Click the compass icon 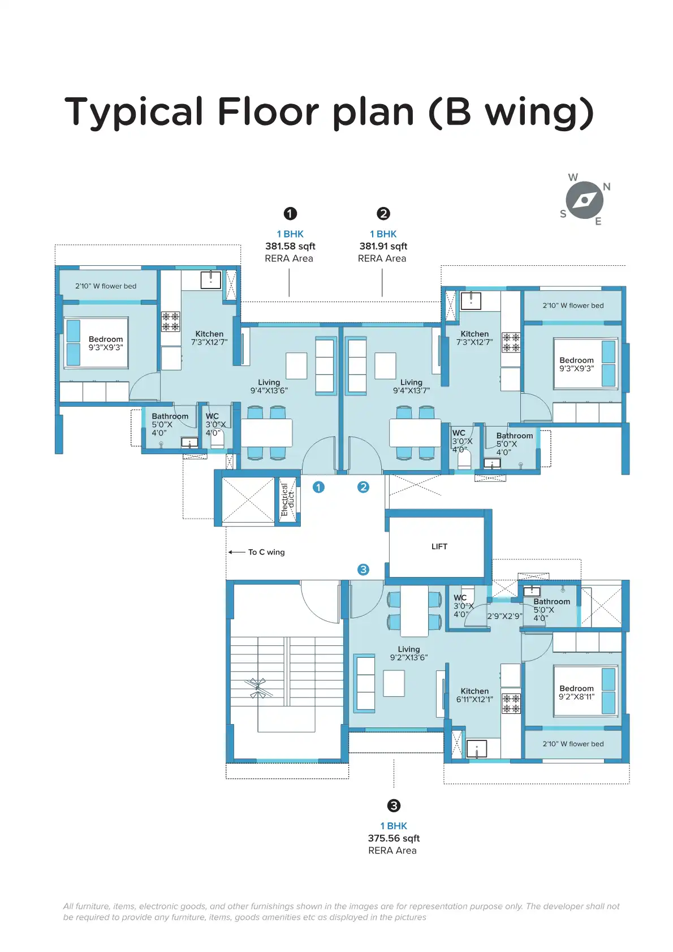click(x=584, y=200)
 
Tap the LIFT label click(x=439, y=546)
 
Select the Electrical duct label click(x=288, y=499)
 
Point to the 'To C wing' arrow click(x=236, y=552)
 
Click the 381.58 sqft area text click(x=290, y=246)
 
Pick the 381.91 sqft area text click(x=383, y=246)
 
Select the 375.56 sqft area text click(x=394, y=838)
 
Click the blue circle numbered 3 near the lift click(x=363, y=570)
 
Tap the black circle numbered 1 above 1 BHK click(x=290, y=213)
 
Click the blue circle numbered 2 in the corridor click(x=363, y=487)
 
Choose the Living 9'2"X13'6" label click(x=409, y=653)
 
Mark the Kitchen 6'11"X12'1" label click(x=474, y=695)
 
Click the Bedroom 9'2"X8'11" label click(x=576, y=692)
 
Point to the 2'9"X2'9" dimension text click(x=504, y=616)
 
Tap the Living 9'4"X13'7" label click(x=411, y=386)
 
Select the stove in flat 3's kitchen click(x=511, y=703)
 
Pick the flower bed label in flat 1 click(x=106, y=286)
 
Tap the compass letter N click(x=607, y=187)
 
